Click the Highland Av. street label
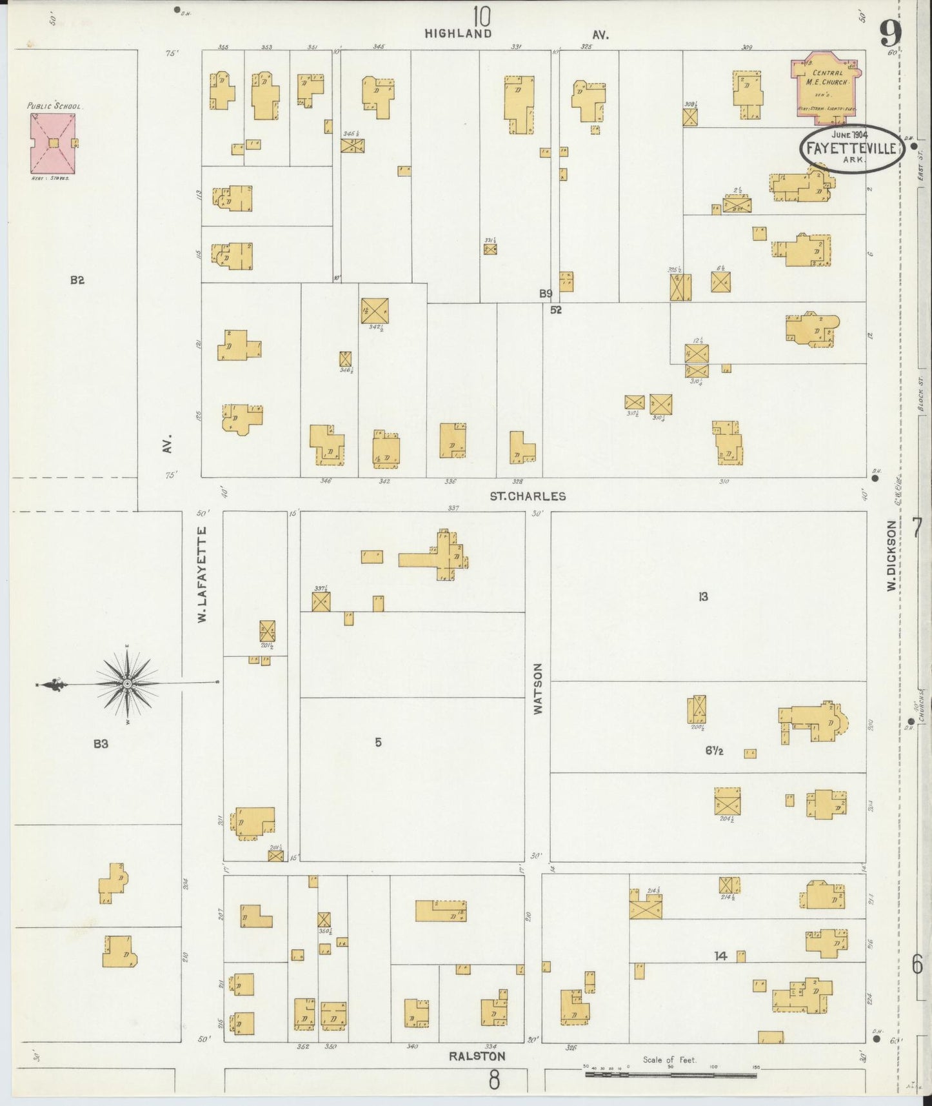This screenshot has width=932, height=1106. click(x=516, y=34)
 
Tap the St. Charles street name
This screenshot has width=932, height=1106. click(x=528, y=496)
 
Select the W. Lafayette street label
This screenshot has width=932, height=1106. click(x=202, y=574)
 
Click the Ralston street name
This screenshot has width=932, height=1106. click(x=477, y=1056)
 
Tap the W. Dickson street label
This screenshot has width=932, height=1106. click(x=891, y=556)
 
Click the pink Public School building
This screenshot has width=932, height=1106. click(x=54, y=143)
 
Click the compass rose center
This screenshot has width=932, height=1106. click(x=127, y=683)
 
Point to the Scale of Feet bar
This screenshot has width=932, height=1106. click(x=671, y=1075)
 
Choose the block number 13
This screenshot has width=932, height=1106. click(x=703, y=597)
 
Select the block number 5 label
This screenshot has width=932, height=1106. click(x=379, y=743)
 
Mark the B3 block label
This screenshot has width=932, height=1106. click(x=100, y=744)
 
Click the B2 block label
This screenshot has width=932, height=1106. click(x=78, y=280)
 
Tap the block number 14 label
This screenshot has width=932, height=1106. click(x=720, y=956)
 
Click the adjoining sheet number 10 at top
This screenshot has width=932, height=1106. click(x=481, y=15)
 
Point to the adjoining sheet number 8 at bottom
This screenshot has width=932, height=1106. click(x=494, y=1079)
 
